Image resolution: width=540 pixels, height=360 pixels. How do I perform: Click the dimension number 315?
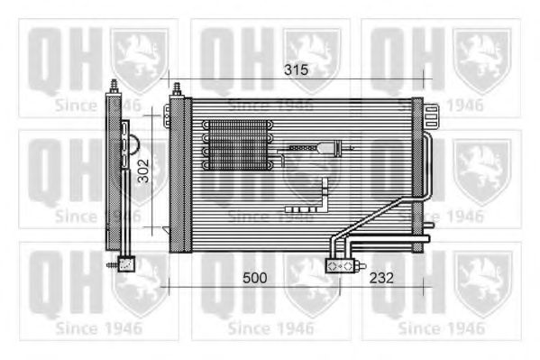click(296, 70)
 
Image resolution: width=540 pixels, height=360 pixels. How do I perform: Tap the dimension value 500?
click(255, 278)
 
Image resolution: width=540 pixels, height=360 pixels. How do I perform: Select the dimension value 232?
click(381, 278)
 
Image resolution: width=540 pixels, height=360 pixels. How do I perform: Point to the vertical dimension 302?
click(143, 171)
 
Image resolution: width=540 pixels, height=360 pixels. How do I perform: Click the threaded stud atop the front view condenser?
click(177, 89)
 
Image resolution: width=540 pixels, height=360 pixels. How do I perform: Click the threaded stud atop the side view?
click(114, 87)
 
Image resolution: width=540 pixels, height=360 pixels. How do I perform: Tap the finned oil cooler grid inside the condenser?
click(238, 145)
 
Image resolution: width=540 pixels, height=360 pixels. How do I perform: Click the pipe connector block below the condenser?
click(340, 265)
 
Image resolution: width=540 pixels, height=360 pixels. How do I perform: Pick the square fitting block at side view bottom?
click(126, 264)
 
